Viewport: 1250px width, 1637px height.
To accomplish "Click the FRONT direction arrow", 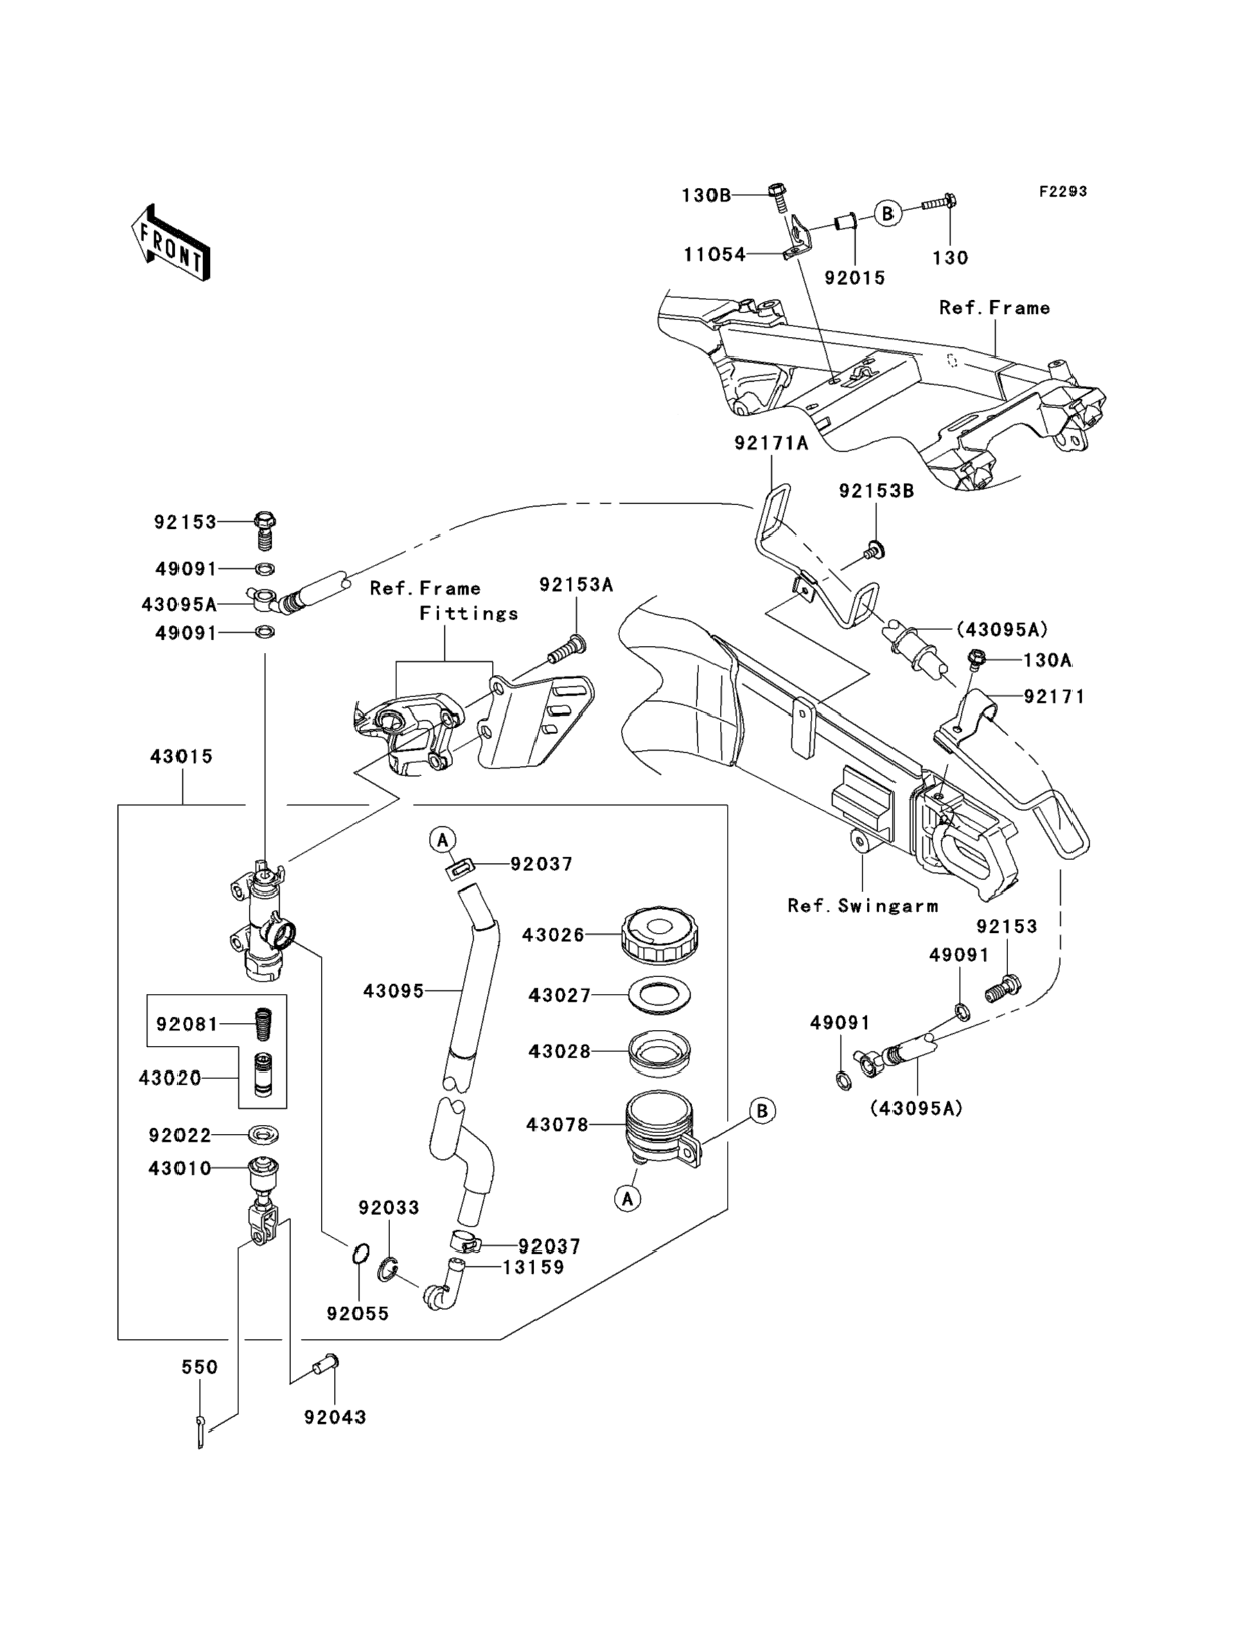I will pos(170,243).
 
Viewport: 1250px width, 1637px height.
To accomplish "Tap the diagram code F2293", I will pos(1062,192).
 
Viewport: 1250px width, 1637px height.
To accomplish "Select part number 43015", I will pos(181,757).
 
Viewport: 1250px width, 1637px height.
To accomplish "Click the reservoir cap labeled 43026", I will pos(659,934).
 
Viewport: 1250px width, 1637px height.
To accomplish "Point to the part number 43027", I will pos(558,996).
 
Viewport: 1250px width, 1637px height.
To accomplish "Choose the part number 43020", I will pos(170,1078).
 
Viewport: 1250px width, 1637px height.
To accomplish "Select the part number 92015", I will pos(854,279).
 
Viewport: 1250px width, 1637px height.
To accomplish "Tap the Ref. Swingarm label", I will pos(863,907).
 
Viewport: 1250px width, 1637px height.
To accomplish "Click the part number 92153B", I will pos(876,491).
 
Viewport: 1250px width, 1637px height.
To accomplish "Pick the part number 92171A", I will pos(770,444).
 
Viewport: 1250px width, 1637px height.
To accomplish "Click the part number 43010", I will pos(180,1169).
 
